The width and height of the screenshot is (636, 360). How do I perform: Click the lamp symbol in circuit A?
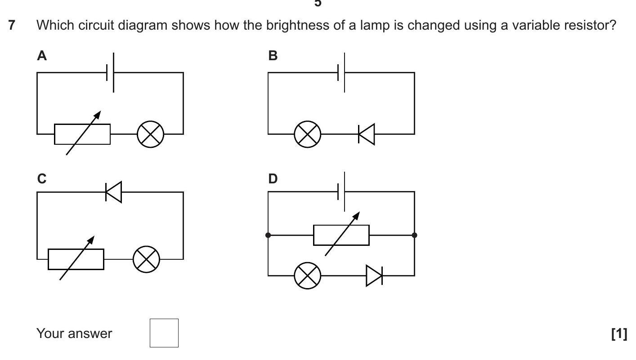(x=150, y=134)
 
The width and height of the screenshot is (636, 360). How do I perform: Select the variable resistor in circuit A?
(x=82, y=134)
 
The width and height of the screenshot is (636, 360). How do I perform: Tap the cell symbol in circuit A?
(x=110, y=72)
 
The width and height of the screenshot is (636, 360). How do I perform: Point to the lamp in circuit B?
(x=308, y=134)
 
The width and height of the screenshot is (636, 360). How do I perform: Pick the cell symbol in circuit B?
(x=341, y=72)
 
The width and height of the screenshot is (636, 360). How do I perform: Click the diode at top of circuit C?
(x=113, y=192)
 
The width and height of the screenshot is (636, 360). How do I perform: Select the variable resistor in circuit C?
(x=76, y=259)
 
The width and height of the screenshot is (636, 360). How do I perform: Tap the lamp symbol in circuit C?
(x=146, y=259)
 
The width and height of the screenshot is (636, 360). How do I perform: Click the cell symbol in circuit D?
(x=341, y=191)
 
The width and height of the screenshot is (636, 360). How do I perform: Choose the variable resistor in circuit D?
(x=341, y=235)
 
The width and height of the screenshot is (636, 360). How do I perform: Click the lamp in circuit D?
(x=308, y=275)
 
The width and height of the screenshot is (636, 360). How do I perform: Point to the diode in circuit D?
(x=374, y=275)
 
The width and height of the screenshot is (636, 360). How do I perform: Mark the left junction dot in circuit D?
(x=268, y=235)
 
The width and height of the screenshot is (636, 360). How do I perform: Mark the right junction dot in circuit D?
(x=414, y=235)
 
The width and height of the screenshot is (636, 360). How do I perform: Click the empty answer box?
(x=164, y=333)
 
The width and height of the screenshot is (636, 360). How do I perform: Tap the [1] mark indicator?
(x=619, y=333)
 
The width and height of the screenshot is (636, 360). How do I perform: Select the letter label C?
(x=42, y=179)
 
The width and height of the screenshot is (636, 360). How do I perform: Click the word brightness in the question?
(x=298, y=26)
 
